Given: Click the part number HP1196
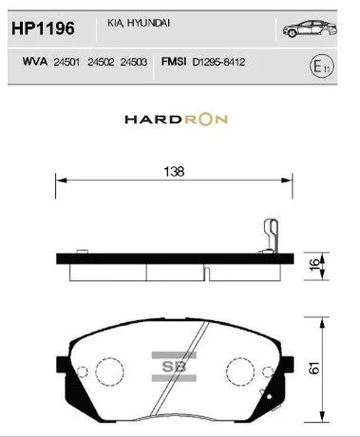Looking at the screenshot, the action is (43, 28).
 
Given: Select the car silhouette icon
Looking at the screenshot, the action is (310, 28).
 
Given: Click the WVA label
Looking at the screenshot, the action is (35, 61).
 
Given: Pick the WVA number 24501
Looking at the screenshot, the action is (66, 62).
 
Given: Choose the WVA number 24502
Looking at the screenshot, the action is (101, 62).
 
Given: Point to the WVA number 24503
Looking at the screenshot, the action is (134, 62).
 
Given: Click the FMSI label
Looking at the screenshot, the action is (174, 61).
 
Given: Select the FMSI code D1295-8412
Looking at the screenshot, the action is (218, 62).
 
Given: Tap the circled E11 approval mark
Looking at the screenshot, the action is (322, 66).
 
